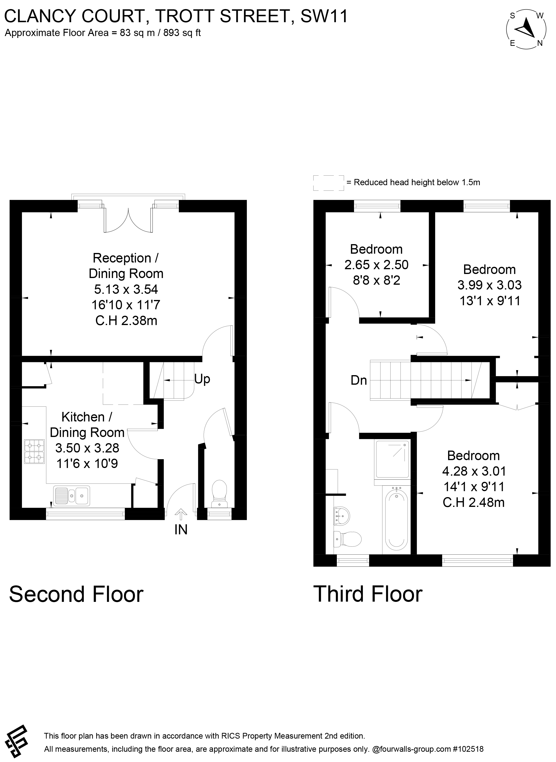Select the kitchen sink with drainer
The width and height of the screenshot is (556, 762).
point(71,496)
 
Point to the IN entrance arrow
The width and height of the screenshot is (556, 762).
point(181,515)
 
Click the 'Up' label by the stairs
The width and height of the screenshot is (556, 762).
point(202,379)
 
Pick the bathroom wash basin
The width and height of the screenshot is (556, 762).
point(342,515)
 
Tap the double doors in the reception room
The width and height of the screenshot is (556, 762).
point(128,220)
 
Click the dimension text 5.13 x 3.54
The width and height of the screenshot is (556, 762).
point(126,289)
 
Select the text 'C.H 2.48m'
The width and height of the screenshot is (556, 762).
point(474,503)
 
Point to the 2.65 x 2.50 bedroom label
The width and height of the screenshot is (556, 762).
point(376,265)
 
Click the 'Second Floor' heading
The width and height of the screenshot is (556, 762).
point(76,594)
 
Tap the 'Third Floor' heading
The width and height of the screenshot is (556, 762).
point(368,594)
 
